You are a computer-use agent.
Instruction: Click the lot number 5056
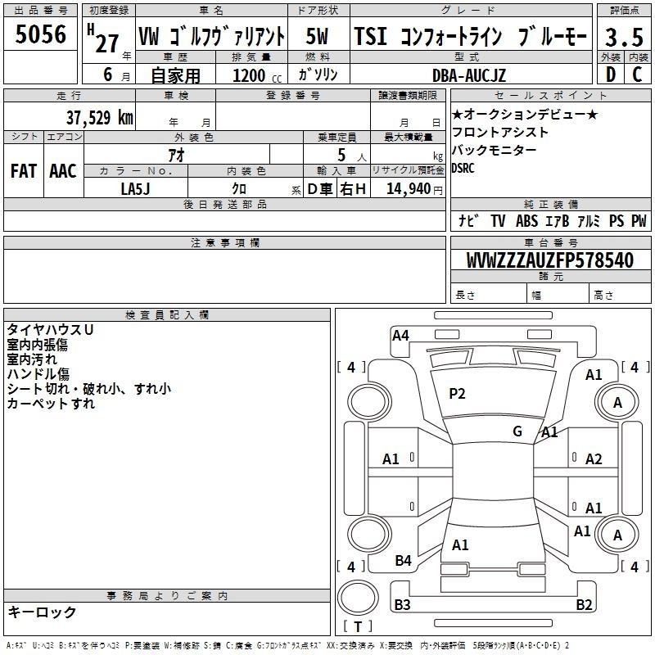(x=40, y=34)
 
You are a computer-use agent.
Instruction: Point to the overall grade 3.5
(x=624, y=37)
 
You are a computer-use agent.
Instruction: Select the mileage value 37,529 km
(x=99, y=118)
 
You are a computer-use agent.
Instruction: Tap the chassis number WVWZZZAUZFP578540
(x=550, y=260)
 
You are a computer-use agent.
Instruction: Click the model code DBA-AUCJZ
(x=468, y=75)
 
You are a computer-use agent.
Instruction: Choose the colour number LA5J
(x=135, y=189)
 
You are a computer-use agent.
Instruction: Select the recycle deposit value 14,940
(x=409, y=189)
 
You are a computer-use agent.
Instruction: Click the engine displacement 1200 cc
(x=257, y=75)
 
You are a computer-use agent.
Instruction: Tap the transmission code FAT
(x=24, y=171)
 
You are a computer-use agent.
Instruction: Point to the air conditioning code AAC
(x=63, y=171)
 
